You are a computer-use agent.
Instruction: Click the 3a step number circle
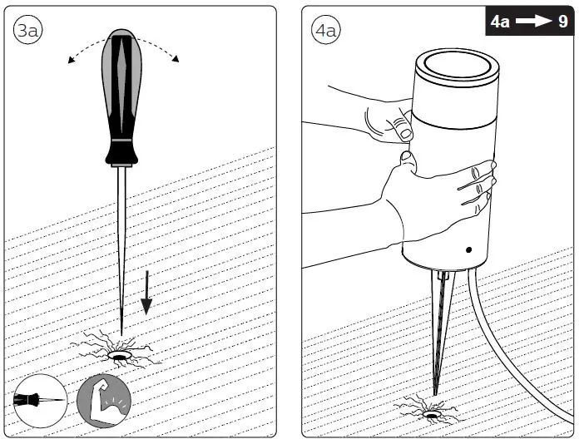(x=26, y=31)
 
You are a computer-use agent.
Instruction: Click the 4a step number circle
(x=324, y=31)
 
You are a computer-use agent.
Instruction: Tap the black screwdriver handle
(x=122, y=91)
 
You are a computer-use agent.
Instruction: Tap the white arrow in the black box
(x=532, y=22)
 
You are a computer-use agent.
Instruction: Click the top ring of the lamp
(x=453, y=63)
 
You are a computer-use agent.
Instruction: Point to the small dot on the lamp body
(x=468, y=249)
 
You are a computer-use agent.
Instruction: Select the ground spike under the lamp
(x=438, y=333)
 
